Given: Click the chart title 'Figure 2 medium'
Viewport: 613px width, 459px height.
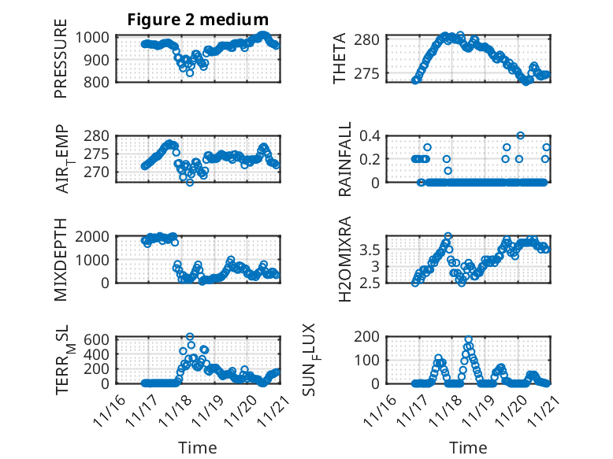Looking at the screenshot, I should point(198,20).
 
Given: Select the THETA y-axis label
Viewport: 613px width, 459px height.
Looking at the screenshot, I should point(340,59).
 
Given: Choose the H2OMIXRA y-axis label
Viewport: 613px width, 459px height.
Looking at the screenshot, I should point(344,261).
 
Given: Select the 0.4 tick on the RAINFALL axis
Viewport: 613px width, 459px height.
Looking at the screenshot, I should point(372,135).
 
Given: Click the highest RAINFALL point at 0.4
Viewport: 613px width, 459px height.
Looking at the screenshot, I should point(520,135).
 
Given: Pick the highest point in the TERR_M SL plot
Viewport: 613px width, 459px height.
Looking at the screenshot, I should point(190,336).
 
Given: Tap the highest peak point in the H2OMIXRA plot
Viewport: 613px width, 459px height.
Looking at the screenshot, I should point(448,236).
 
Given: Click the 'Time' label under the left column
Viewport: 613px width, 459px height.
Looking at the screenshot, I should point(198,447).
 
